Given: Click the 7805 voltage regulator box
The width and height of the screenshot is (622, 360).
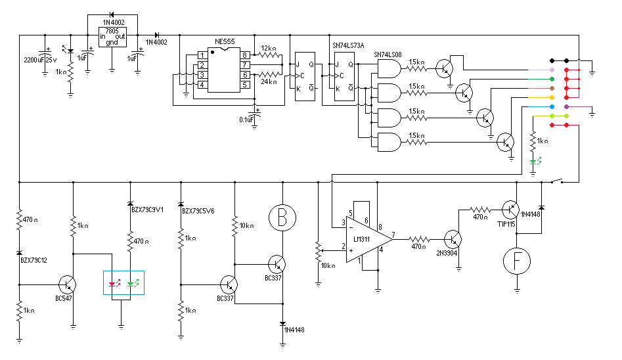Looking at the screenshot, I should click(112, 38).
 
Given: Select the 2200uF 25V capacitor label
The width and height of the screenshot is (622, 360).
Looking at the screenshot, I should click(39, 60).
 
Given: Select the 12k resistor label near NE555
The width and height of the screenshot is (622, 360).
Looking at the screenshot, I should click(269, 48).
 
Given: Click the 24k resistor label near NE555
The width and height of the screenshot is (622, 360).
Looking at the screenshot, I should click(269, 82).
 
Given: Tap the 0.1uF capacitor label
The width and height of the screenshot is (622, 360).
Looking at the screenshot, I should click(248, 120).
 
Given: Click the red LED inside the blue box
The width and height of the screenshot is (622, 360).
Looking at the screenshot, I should click(112, 284).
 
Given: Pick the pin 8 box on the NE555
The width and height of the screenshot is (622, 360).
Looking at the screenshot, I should click(244, 55).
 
